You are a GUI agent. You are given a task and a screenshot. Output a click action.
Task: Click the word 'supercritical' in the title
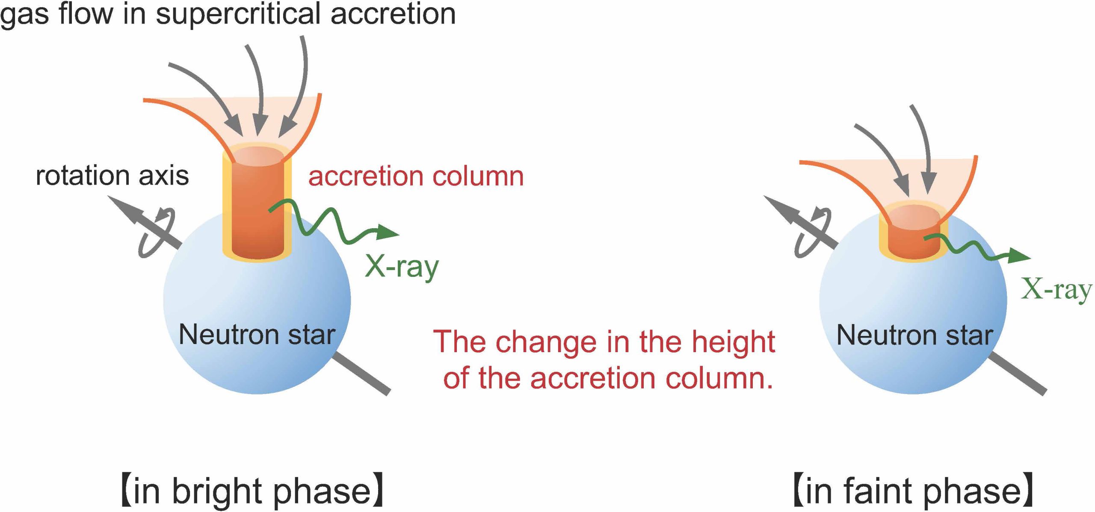(237, 14)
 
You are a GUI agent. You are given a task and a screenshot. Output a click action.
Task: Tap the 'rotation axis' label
(112, 176)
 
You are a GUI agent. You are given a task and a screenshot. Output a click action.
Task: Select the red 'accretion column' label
(416, 176)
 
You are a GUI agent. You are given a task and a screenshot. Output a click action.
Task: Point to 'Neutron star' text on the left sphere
(257, 335)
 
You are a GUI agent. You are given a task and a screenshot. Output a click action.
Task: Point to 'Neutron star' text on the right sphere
(914, 335)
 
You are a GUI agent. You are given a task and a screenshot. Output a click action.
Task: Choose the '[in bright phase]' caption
(252, 491)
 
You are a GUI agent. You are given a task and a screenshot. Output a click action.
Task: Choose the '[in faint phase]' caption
(913, 491)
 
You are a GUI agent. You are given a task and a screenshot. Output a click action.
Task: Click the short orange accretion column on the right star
(914, 241)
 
